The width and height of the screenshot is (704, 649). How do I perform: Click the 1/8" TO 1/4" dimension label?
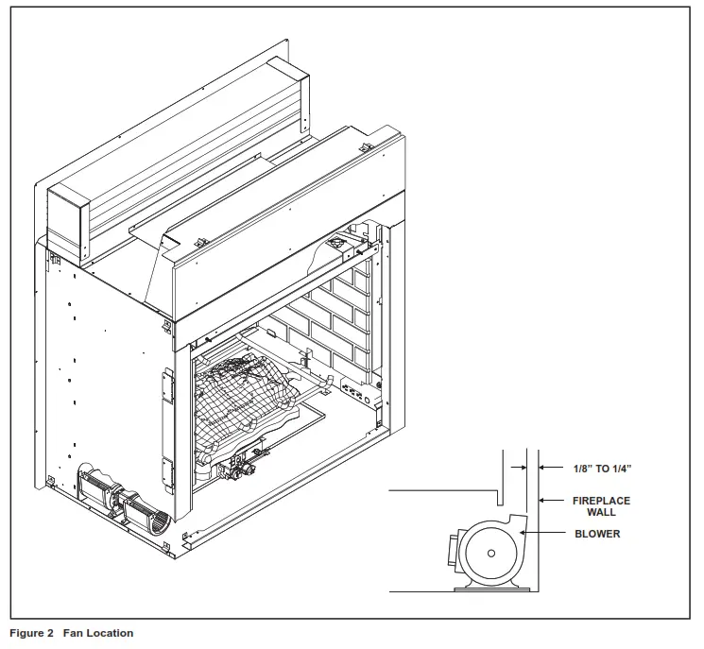pyautogui.click(x=602, y=468)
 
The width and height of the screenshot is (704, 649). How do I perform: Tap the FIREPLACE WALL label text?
pyautogui.click(x=601, y=506)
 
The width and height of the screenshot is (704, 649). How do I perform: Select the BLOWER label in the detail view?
pyautogui.click(x=597, y=534)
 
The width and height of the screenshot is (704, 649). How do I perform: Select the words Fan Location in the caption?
pyautogui.click(x=98, y=633)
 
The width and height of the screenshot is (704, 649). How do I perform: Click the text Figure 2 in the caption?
pyautogui.click(x=31, y=633)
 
